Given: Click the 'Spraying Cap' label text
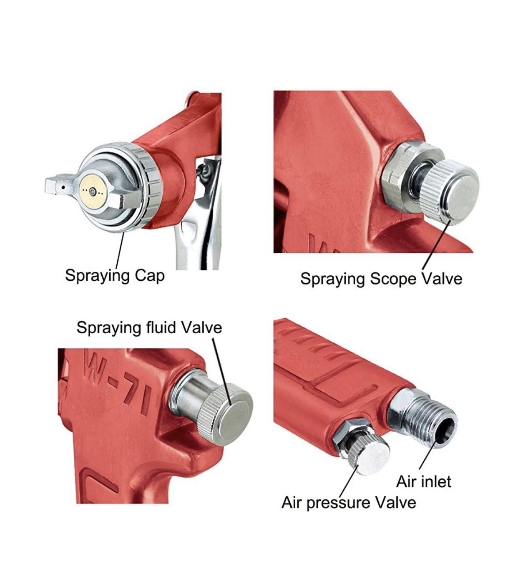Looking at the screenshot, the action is (x=115, y=276).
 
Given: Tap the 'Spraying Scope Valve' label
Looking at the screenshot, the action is (x=381, y=279).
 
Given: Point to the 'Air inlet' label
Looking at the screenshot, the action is (x=423, y=481).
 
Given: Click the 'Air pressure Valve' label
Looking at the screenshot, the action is (x=349, y=503).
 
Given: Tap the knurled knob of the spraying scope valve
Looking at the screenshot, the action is (x=450, y=192).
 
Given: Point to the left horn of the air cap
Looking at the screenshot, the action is (x=59, y=184).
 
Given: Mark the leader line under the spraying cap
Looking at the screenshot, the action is (x=120, y=250).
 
